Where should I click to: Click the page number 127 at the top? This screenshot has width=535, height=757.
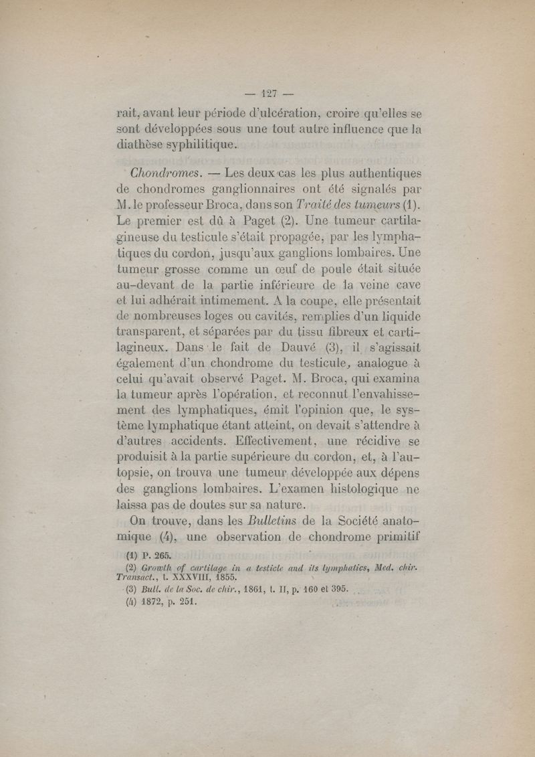[270, 92]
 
